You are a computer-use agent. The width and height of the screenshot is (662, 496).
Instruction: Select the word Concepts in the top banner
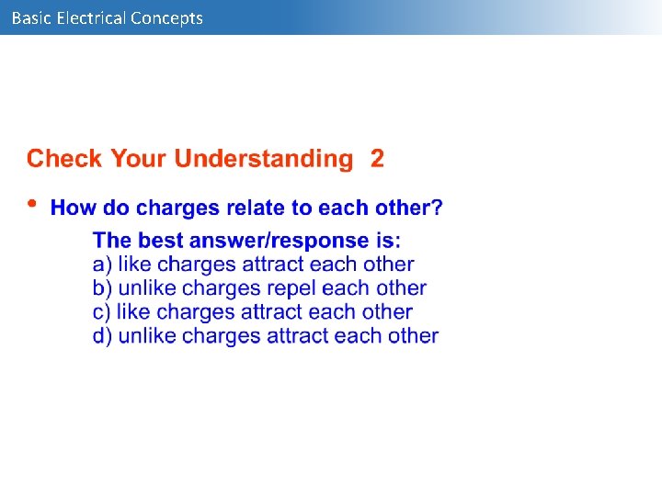point(167,18)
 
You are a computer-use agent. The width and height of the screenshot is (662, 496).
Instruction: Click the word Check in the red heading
point(65,159)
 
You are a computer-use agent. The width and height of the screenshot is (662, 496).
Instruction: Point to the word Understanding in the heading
point(263,159)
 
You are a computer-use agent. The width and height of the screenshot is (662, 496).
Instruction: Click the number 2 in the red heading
point(377,159)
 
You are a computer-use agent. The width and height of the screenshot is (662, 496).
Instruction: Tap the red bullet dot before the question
point(33,204)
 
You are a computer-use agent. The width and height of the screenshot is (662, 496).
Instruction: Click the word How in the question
point(73,209)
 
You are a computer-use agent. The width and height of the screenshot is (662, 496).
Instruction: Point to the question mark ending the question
point(438,209)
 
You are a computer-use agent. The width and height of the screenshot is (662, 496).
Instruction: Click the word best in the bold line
point(160,241)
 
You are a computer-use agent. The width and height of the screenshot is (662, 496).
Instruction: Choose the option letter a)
point(102,265)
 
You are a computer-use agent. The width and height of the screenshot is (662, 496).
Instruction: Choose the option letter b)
point(103,288)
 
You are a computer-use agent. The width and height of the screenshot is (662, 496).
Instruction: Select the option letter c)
point(102,312)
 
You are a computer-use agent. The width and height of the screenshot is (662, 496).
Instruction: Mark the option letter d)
point(103,336)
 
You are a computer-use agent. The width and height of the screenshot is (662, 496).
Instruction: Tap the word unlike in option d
point(147,336)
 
